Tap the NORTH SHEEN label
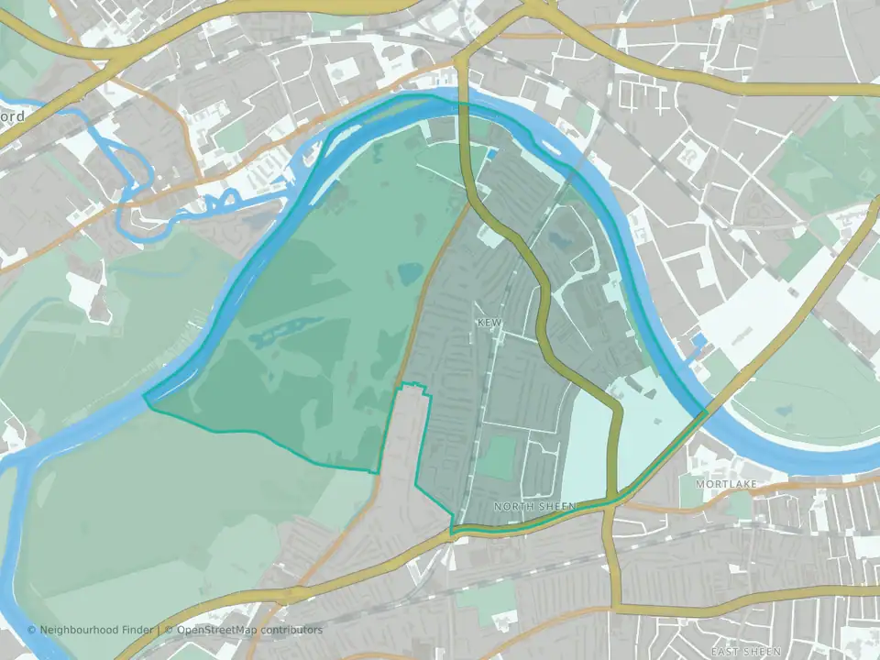pos(534,506)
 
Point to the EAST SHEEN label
pos(744,652)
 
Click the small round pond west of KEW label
pos(410,272)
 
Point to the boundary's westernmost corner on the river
pos(145,398)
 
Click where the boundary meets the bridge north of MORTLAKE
pos(706,412)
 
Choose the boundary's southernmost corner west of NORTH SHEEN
pos(452,532)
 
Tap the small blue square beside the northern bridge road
pos(493,154)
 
